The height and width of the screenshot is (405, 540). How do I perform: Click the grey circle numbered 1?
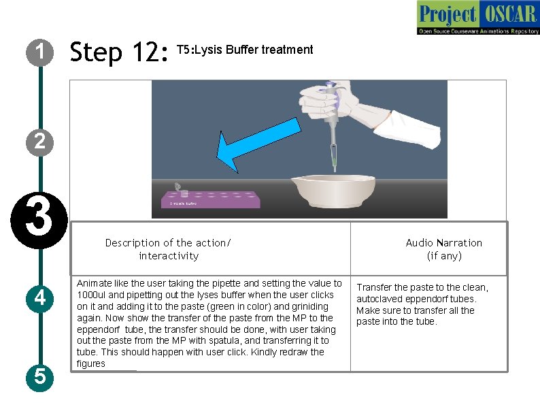pos(40,52)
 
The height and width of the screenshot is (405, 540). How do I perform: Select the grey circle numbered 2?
pos(40,142)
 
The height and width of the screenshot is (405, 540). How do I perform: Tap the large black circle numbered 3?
pos(39,221)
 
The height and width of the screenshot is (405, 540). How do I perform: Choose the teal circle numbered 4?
pos(40,299)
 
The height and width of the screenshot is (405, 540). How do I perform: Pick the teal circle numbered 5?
pos(40,377)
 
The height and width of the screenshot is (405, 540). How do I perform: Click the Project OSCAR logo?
pos(478,18)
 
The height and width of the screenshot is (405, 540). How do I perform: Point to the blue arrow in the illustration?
pos(258,145)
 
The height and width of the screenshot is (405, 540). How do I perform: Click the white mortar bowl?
pos(333,192)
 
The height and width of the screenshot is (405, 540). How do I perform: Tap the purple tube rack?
pos(210,200)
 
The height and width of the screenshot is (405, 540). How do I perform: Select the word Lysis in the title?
pos(208,50)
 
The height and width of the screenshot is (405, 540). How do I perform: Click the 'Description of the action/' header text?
pos(168,243)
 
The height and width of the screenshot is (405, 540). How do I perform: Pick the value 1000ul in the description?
pos(91,295)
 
